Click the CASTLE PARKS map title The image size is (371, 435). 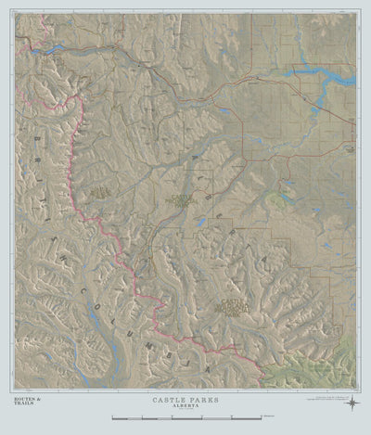click(x=186, y=399)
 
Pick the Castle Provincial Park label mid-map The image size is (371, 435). click(x=179, y=199)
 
